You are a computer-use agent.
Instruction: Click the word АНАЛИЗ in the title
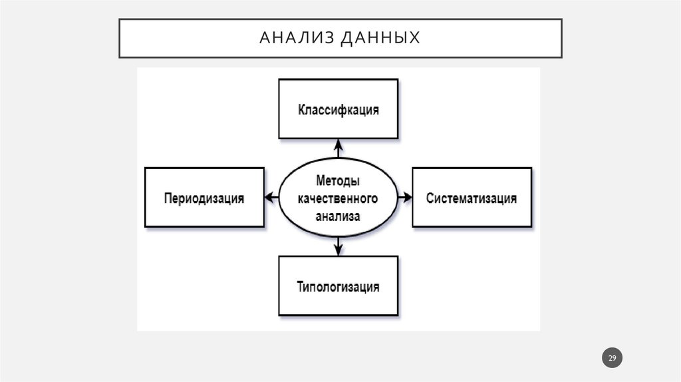click(295, 38)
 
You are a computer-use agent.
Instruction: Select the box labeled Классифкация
click(338, 109)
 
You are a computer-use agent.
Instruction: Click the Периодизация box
click(204, 198)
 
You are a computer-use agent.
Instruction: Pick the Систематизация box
click(472, 198)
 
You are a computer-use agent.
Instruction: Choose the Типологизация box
click(338, 286)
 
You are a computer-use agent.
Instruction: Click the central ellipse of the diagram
click(338, 198)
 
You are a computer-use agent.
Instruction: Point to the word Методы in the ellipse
click(338, 181)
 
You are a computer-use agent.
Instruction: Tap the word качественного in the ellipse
click(338, 198)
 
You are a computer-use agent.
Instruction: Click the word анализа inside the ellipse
click(338, 216)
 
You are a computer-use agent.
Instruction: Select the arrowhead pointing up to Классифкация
click(338, 143)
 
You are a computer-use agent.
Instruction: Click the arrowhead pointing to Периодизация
click(269, 198)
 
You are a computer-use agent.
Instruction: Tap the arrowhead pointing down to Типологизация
click(338, 251)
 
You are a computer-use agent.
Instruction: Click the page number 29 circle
click(613, 359)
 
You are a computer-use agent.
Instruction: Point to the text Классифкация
click(338, 110)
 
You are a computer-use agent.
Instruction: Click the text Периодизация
click(204, 198)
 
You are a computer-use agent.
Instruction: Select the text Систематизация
click(472, 198)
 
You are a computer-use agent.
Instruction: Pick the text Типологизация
click(338, 287)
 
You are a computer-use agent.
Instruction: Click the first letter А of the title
click(263, 38)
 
